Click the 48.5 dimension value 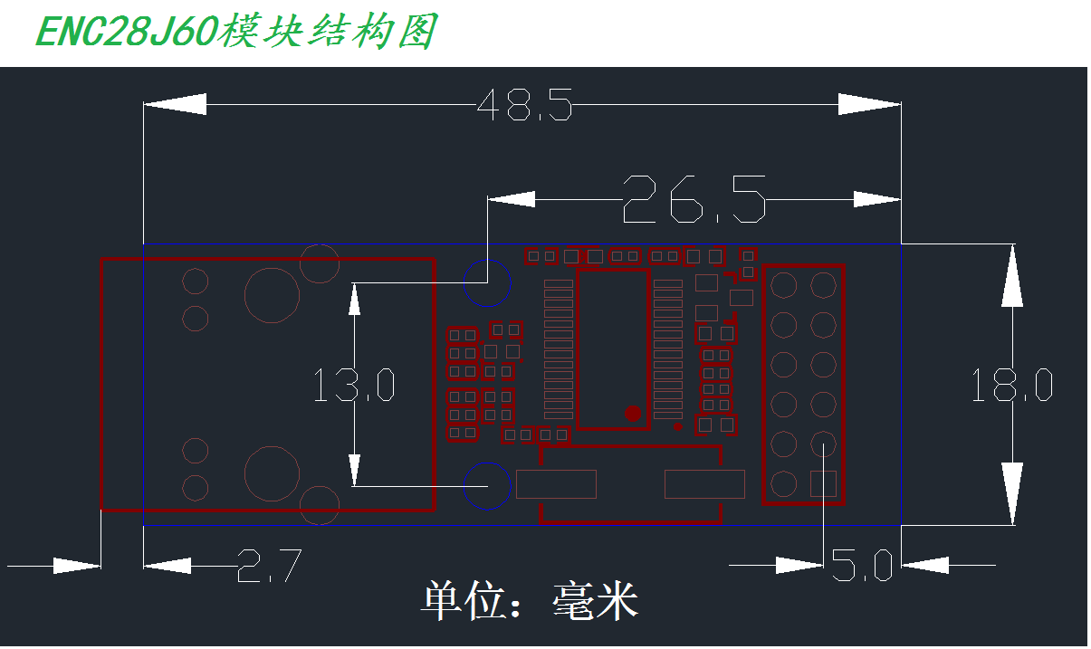click(524, 105)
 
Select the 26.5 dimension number click(694, 199)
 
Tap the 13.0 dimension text click(354, 385)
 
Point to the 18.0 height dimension click(1012, 385)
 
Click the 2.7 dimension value click(269, 565)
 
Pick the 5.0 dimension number click(862, 565)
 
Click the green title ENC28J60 click(127, 33)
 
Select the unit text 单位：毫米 click(530, 600)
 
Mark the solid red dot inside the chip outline click(633, 414)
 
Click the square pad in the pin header click(823, 483)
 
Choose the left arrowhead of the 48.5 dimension click(175, 104)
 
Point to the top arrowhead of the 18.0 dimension click(1012, 275)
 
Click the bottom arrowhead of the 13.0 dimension click(355, 470)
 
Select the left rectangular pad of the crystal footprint click(556, 484)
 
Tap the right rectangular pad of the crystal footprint click(704, 484)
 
